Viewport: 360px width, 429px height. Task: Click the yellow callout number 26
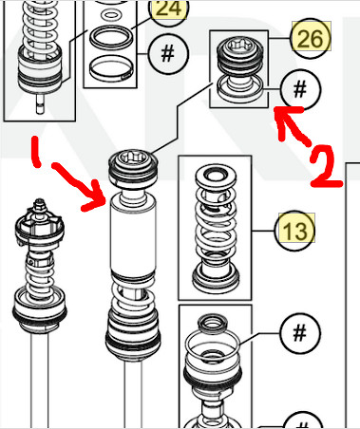(x=310, y=39)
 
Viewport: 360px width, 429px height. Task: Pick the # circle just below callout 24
(x=166, y=52)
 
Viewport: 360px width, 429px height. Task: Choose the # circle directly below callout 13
(x=299, y=335)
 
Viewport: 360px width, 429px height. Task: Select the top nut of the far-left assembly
(x=37, y=210)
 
